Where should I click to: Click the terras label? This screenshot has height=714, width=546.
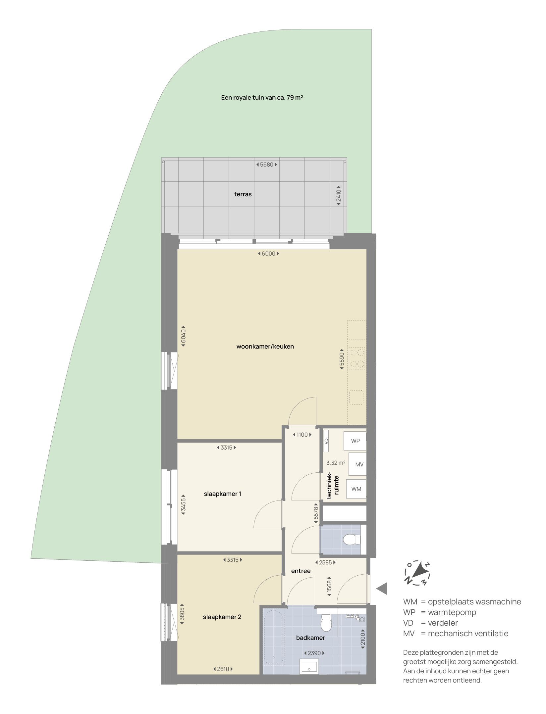point(243,194)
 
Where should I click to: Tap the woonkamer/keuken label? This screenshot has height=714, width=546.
point(265,347)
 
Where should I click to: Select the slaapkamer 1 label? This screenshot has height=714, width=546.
point(222,494)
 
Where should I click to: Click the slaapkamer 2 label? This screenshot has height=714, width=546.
point(222,617)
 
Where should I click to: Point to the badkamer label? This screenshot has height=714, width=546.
point(310,638)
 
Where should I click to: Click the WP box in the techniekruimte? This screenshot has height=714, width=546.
point(355,441)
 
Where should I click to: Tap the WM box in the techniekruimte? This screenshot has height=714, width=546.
point(356,489)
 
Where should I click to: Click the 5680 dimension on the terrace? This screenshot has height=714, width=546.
point(267,165)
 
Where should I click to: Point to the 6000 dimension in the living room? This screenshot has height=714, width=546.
point(268,254)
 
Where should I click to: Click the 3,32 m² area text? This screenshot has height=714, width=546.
point(336,463)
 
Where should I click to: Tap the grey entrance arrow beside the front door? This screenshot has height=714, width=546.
point(382,589)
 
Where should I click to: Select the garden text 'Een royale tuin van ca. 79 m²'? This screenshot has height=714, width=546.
point(262,98)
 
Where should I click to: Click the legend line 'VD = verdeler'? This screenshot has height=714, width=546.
point(430,623)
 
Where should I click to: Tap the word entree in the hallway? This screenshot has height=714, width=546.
point(301,571)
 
